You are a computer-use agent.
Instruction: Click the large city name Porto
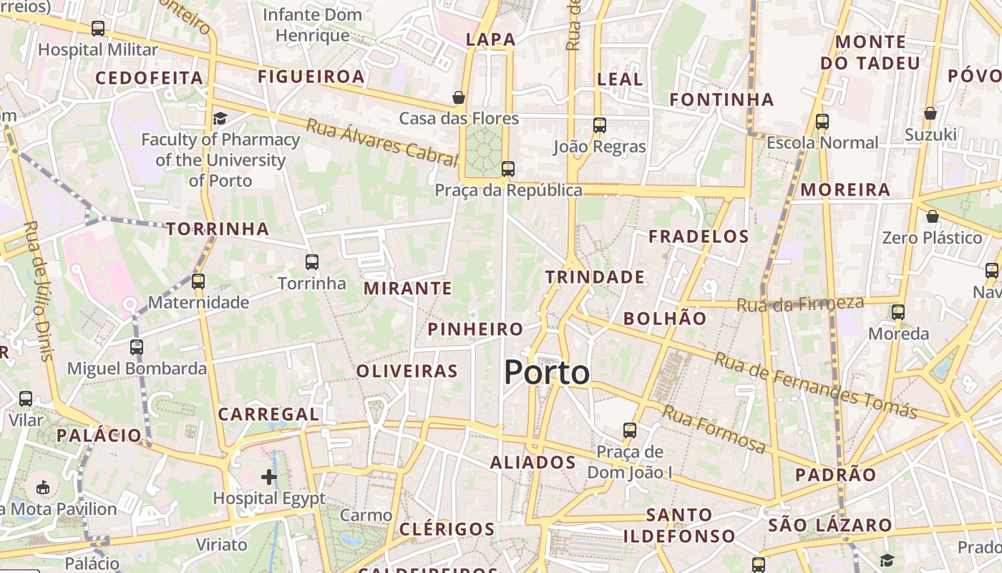(547, 372)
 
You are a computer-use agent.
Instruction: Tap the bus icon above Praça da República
(507, 169)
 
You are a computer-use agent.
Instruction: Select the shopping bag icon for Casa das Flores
(459, 97)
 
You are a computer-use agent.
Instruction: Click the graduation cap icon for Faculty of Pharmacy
(220, 118)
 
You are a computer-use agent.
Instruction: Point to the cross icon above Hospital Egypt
(269, 477)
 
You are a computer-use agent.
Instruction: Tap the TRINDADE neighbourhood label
(595, 277)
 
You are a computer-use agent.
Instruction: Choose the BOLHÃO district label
(665, 319)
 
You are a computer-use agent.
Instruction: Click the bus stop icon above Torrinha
(312, 262)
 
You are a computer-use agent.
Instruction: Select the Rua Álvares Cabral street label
(381, 143)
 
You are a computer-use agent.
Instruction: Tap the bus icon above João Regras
(600, 125)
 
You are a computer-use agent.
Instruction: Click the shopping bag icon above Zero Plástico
(932, 216)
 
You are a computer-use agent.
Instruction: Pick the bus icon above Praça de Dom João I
(630, 430)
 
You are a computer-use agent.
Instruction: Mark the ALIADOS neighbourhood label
(533, 463)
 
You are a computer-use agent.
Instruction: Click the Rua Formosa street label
(713, 429)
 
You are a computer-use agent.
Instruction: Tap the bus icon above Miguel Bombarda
(137, 347)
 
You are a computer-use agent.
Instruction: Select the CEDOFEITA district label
(149, 78)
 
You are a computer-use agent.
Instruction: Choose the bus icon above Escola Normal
(822, 122)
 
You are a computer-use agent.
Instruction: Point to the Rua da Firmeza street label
(800, 304)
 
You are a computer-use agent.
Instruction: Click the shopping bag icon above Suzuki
(930, 113)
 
